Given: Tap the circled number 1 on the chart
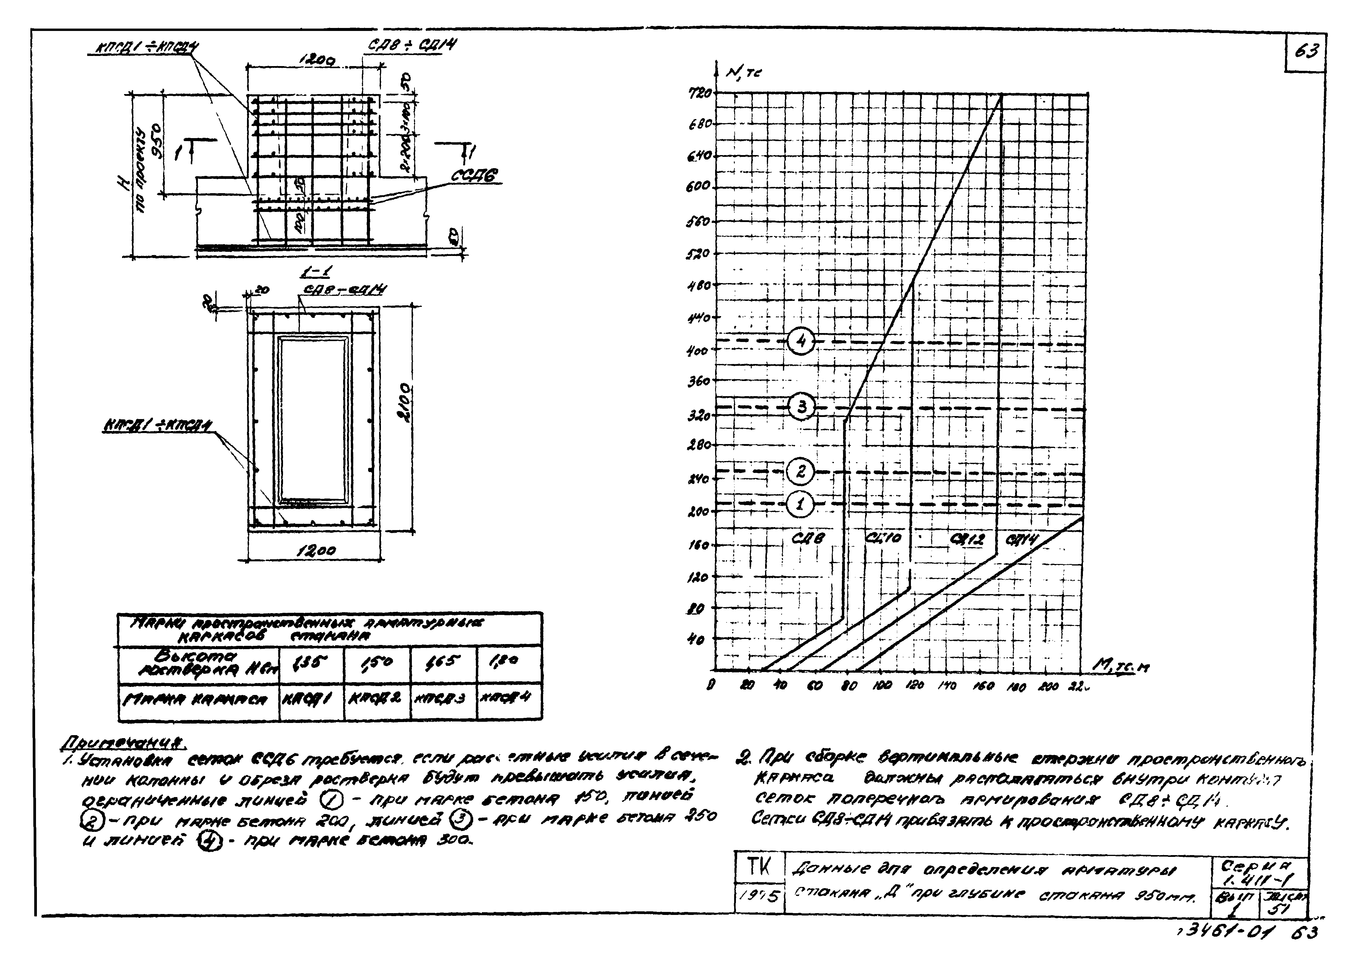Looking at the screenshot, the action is pyautogui.click(x=799, y=504).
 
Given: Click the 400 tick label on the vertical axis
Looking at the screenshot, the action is pyautogui.click(x=698, y=351).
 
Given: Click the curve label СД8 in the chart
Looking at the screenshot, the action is pyautogui.click(x=808, y=538).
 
